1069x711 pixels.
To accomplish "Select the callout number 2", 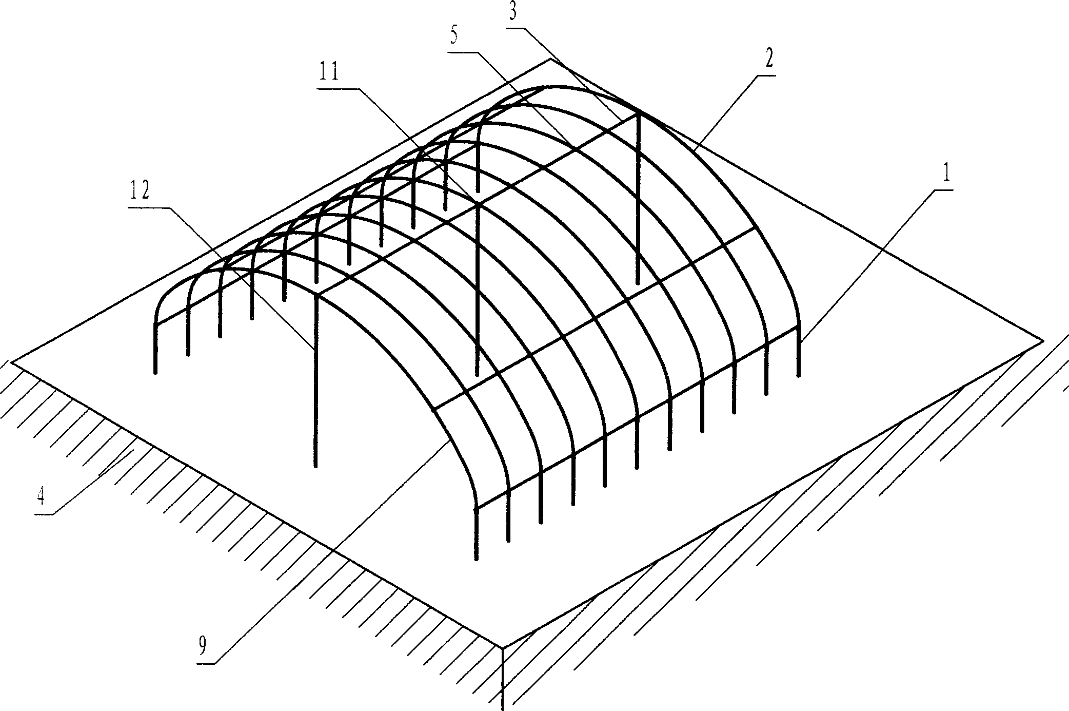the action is coord(768,61).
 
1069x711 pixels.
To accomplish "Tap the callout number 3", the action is coord(512,12).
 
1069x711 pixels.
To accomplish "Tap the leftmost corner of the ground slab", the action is coord(11,362).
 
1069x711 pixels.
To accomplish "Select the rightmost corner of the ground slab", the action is coord(1042,340).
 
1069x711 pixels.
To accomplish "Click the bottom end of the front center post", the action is coord(316,466).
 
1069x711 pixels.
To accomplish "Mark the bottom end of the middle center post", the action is coord(477,375).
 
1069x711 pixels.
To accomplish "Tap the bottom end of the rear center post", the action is coord(638,283).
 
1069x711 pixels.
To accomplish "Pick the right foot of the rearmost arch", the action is coord(799,376).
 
